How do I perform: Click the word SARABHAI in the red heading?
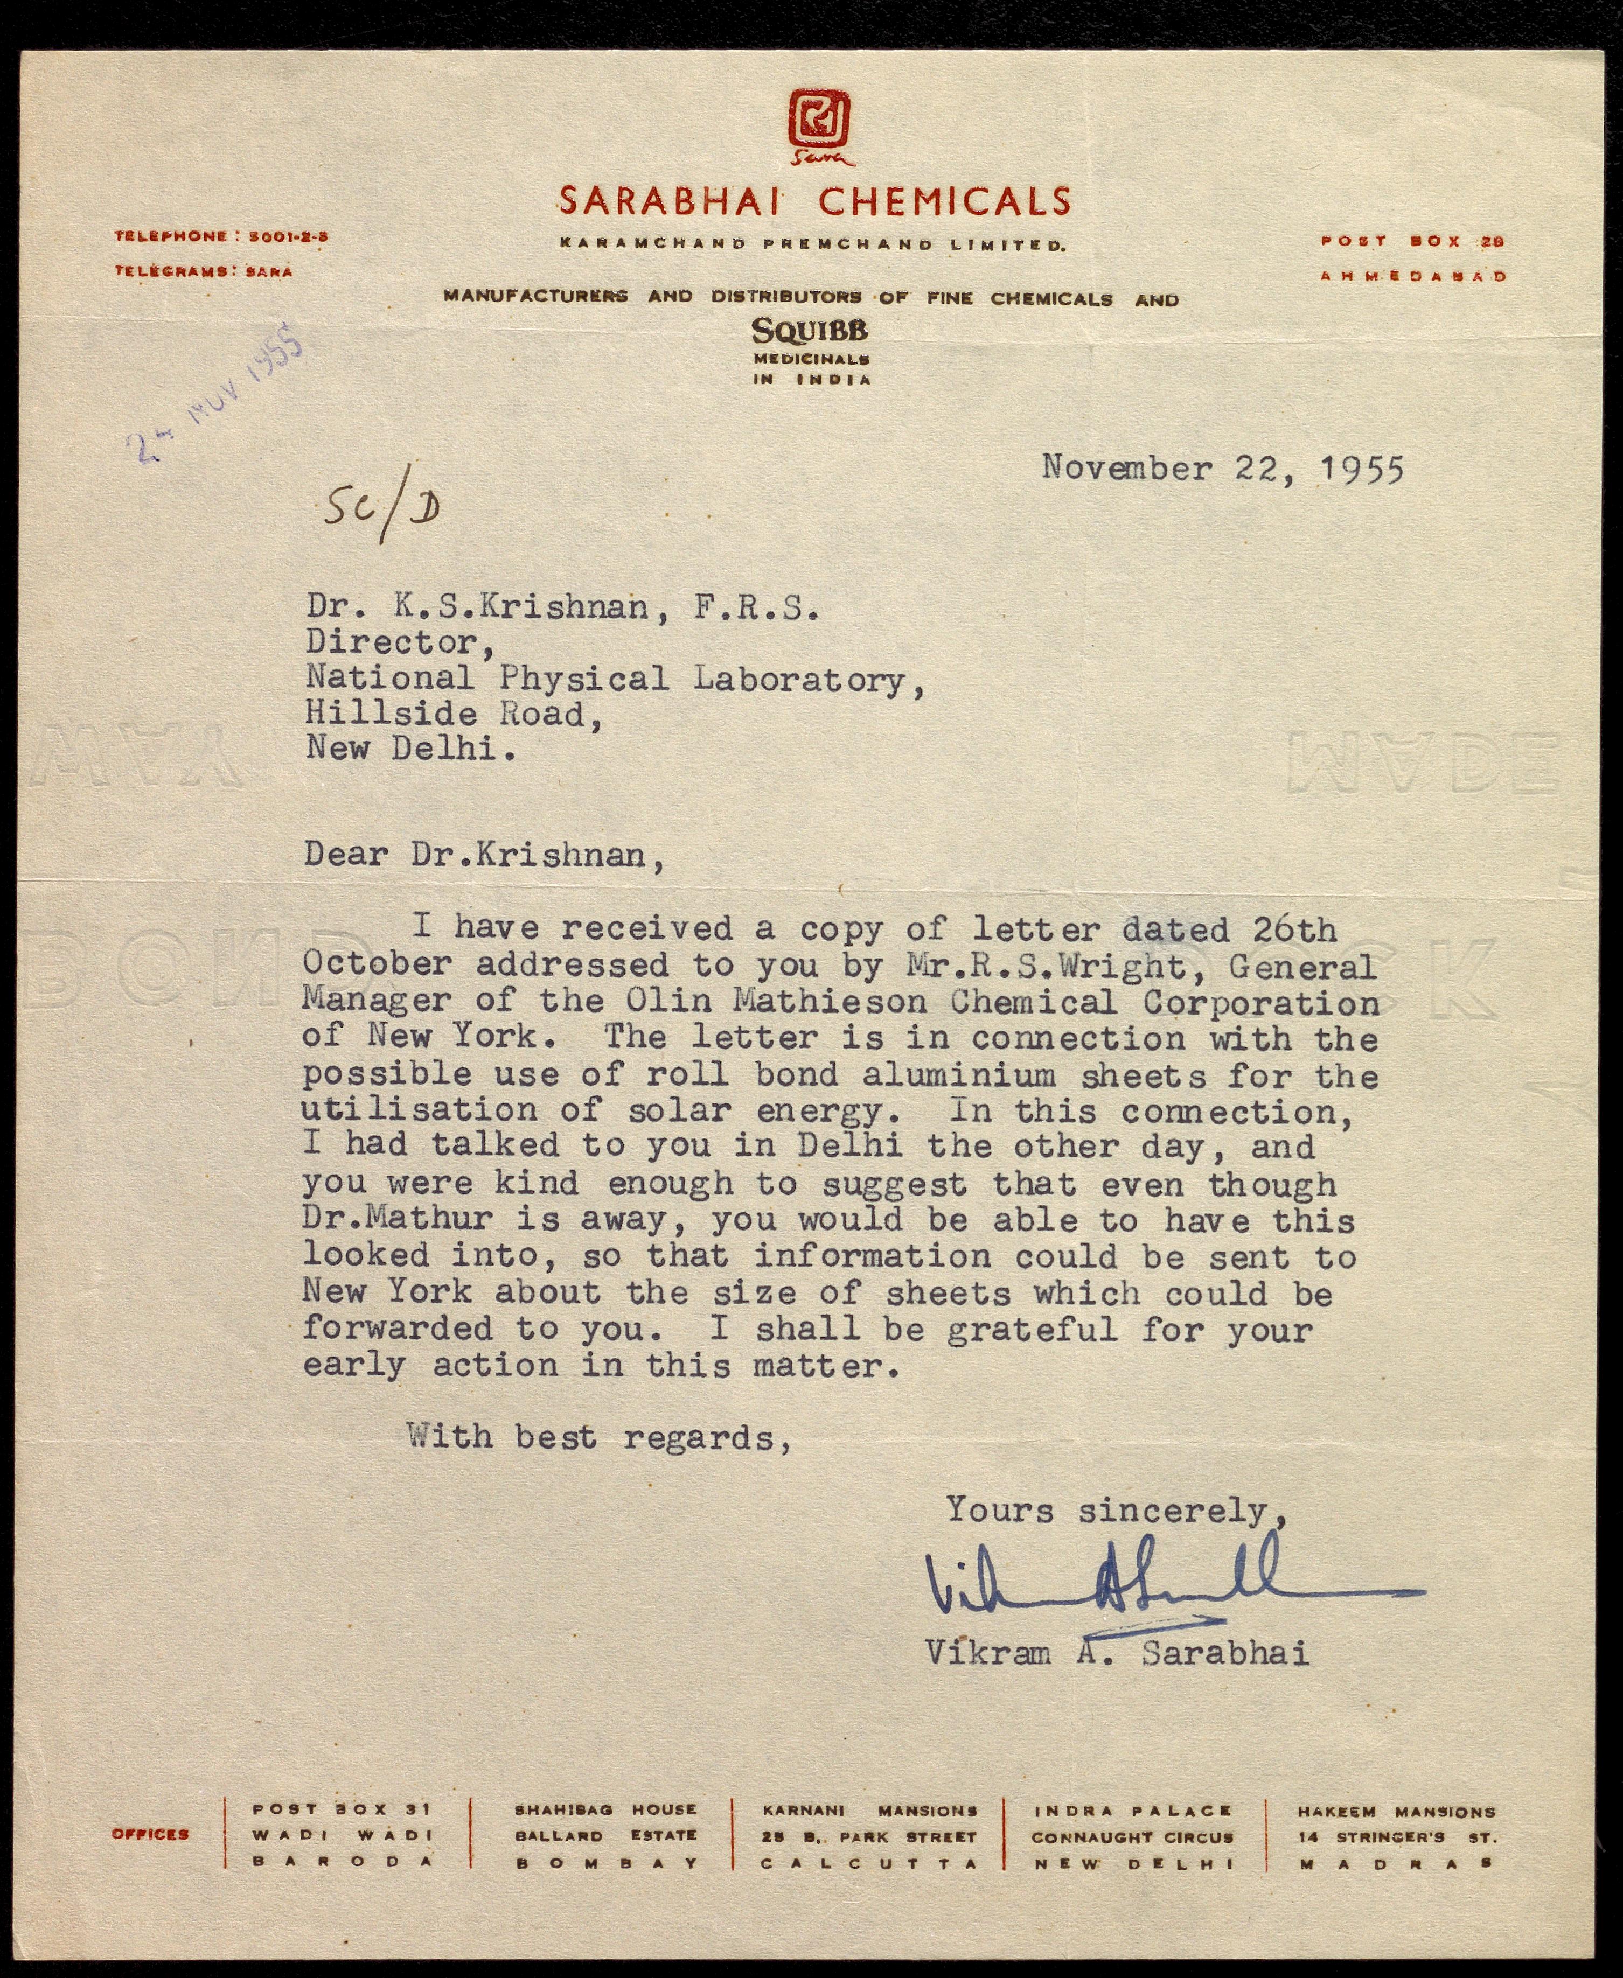(670, 201)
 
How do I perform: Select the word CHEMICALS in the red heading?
(944, 201)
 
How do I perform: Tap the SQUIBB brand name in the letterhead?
(811, 330)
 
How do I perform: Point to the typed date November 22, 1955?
(1223, 467)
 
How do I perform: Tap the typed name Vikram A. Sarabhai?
(1117, 1653)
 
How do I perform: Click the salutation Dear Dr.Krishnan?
(484, 855)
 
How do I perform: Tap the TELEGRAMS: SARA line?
(203, 272)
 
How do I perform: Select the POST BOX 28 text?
(1412, 241)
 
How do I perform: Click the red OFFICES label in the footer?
(150, 1834)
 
